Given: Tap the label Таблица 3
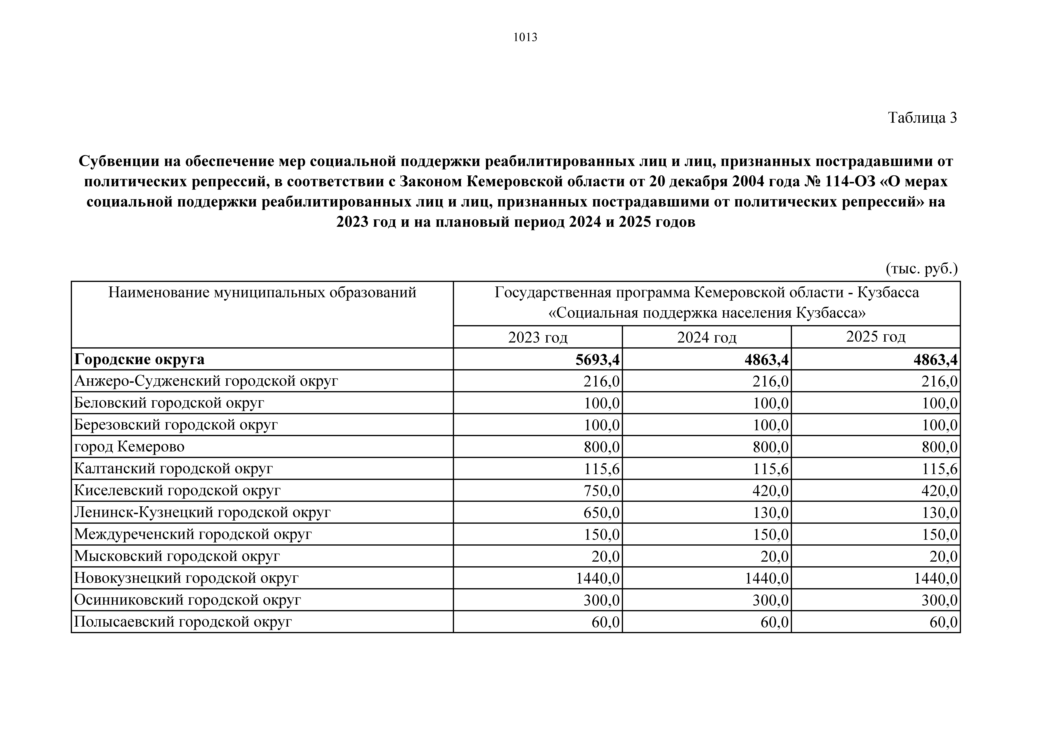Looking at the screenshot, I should coord(922,118).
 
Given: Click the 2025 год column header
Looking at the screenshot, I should coord(876,337).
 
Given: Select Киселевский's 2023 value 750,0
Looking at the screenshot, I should coord(601,491).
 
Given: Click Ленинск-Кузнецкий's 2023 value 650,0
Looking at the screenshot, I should coord(601,512).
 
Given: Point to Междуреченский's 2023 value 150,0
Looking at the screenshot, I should coord(601,534).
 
